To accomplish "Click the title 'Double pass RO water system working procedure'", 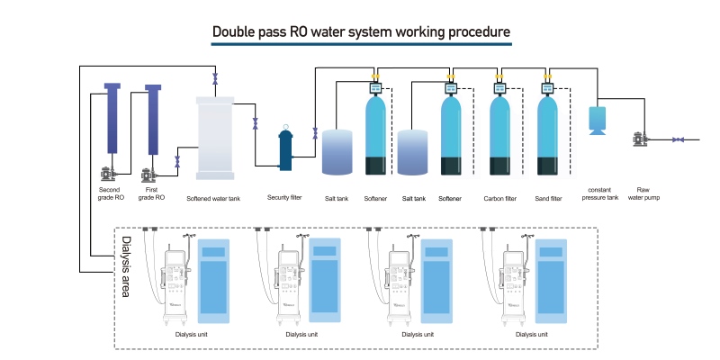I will click(x=361, y=33).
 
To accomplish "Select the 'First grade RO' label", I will click(x=151, y=193).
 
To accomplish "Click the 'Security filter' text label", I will click(x=284, y=198).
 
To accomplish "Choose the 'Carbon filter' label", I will click(x=499, y=198).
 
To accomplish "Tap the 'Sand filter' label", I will click(x=549, y=198).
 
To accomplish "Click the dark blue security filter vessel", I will click(x=286, y=148).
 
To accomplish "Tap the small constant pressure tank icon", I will click(x=597, y=120).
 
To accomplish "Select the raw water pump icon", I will click(x=639, y=139).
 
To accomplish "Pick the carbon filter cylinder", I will click(x=501, y=135).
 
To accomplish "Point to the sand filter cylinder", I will click(x=549, y=135).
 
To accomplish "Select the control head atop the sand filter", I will click(x=548, y=88).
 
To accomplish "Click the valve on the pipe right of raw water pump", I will click(x=679, y=139).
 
